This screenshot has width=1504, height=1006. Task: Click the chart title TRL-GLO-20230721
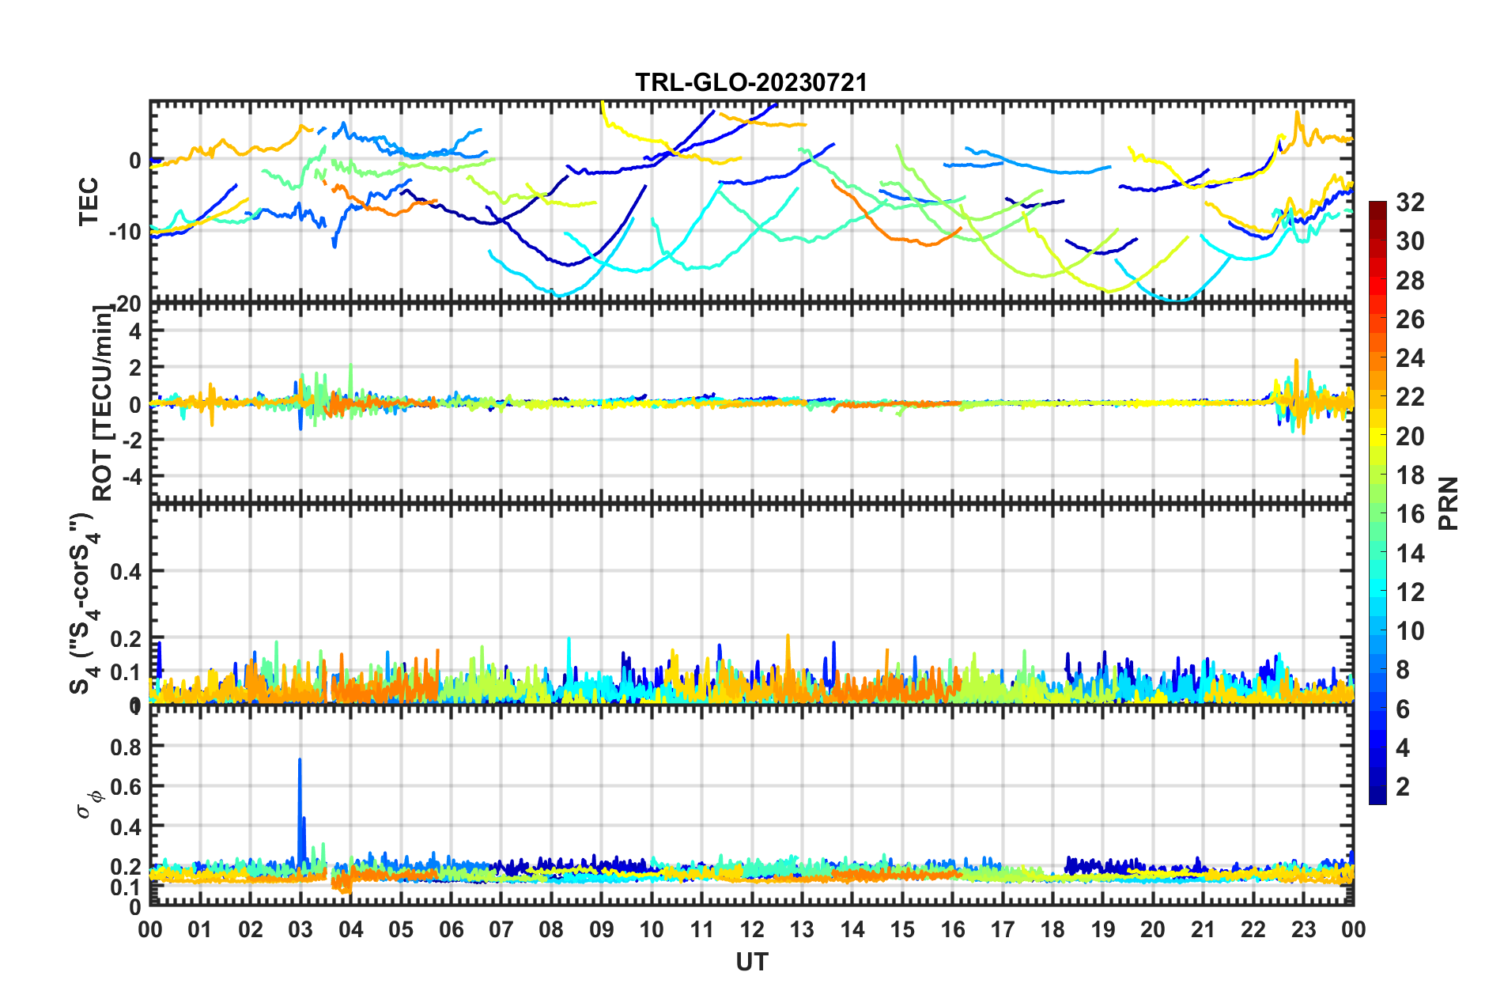(751, 82)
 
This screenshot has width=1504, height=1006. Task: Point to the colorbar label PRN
(1448, 503)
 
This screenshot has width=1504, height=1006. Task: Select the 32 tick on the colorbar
(1410, 202)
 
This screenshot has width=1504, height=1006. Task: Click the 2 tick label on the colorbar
(1404, 786)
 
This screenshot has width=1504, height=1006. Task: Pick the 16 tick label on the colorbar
(1410, 514)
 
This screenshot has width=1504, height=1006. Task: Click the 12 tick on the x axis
(751, 929)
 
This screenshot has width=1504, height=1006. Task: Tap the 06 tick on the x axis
(451, 929)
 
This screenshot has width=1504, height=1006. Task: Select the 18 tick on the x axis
(1052, 929)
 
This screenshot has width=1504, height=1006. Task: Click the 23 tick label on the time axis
(1303, 929)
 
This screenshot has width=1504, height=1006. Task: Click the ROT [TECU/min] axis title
(103, 403)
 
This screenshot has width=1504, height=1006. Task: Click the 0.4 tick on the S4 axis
(125, 571)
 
